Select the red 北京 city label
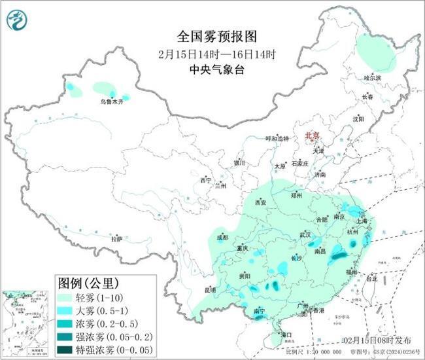[x=313, y=135]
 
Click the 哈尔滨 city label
[x=371, y=78]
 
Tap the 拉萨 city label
[x=116, y=239]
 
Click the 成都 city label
[x=222, y=238]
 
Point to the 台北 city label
[x=371, y=278]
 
